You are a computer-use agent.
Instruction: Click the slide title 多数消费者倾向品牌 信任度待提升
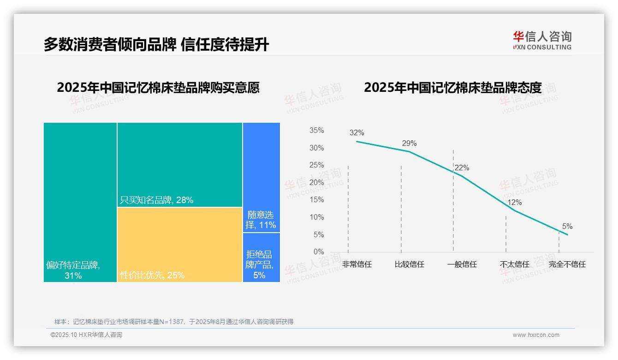(156, 44)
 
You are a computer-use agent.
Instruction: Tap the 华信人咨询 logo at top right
(542, 40)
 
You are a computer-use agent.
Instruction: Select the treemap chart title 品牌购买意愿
(158, 88)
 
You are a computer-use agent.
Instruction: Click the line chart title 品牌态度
(452, 88)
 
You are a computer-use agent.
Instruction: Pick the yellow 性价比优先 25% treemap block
(180, 245)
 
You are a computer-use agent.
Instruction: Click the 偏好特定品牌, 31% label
(73, 270)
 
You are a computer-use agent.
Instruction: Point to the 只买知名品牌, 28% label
(157, 200)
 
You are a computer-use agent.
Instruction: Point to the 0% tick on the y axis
(319, 252)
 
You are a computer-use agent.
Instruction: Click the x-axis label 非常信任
(357, 264)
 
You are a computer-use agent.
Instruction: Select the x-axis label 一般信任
(462, 264)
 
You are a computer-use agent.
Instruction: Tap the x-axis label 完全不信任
(567, 264)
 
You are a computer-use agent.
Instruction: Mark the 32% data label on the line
(357, 133)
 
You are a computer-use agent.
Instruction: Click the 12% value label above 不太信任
(514, 203)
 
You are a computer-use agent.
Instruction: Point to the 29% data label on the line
(409, 143)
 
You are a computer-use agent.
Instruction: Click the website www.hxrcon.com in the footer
(536, 335)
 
